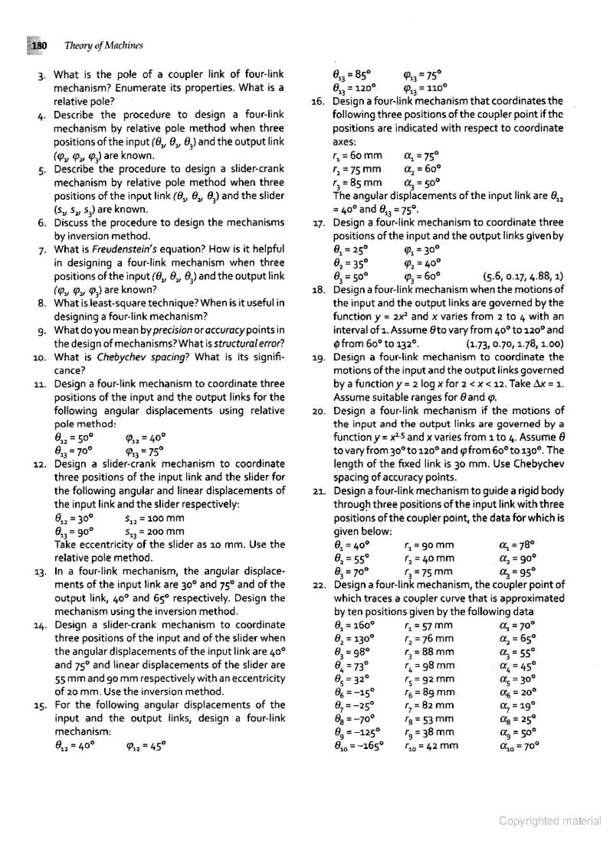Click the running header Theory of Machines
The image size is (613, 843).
[x=104, y=46]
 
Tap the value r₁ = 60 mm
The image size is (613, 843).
[x=357, y=155]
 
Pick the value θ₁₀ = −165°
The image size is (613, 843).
[x=359, y=745]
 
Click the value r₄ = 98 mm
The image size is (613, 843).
[x=430, y=665]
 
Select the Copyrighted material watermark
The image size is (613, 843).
[x=550, y=821]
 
